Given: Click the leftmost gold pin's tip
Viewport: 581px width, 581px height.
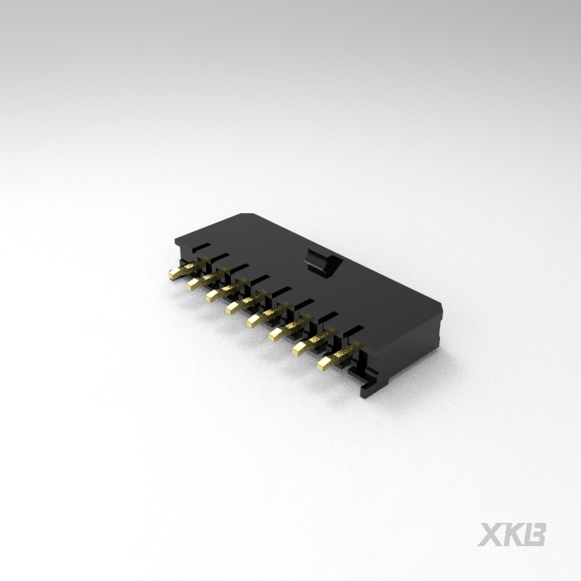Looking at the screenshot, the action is coord(172,274).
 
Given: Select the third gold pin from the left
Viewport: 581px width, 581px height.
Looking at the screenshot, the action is coord(225,290).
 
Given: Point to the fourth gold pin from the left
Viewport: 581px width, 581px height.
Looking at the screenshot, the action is coord(246,302).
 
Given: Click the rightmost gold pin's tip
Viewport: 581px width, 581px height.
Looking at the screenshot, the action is coord(323,365).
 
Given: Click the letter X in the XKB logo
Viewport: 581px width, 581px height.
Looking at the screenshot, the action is coord(490,535).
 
